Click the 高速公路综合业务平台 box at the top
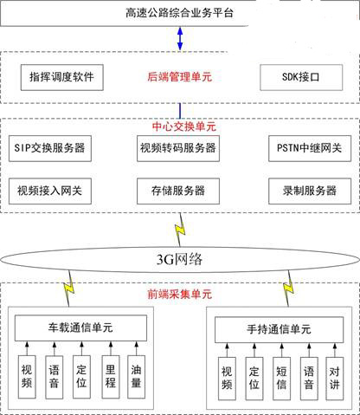(x=125, y=13)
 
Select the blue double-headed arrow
(x=180, y=38)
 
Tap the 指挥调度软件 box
(x=62, y=77)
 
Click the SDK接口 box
(x=301, y=77)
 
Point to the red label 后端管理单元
(x=180, y=77)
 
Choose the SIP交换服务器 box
(x=50, y=148)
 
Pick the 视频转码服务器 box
(x=178, y=148)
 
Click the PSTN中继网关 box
(x=310, y=148)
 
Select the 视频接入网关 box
(x=50, y=191)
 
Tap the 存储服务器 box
(x=178, y=191)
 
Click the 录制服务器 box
(x=310, y=191)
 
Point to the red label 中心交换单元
(x=184, y=126)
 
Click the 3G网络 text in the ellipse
(x=179, y=259)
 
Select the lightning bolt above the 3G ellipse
(x=180, y=230)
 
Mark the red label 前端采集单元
(x=180, y=294)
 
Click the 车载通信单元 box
(x=80, y=328)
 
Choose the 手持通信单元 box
(x=279, y=329)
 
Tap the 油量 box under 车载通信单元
(x=136, y=377)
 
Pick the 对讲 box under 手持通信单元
(x=335, y=379)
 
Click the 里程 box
(x=111, y=377)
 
